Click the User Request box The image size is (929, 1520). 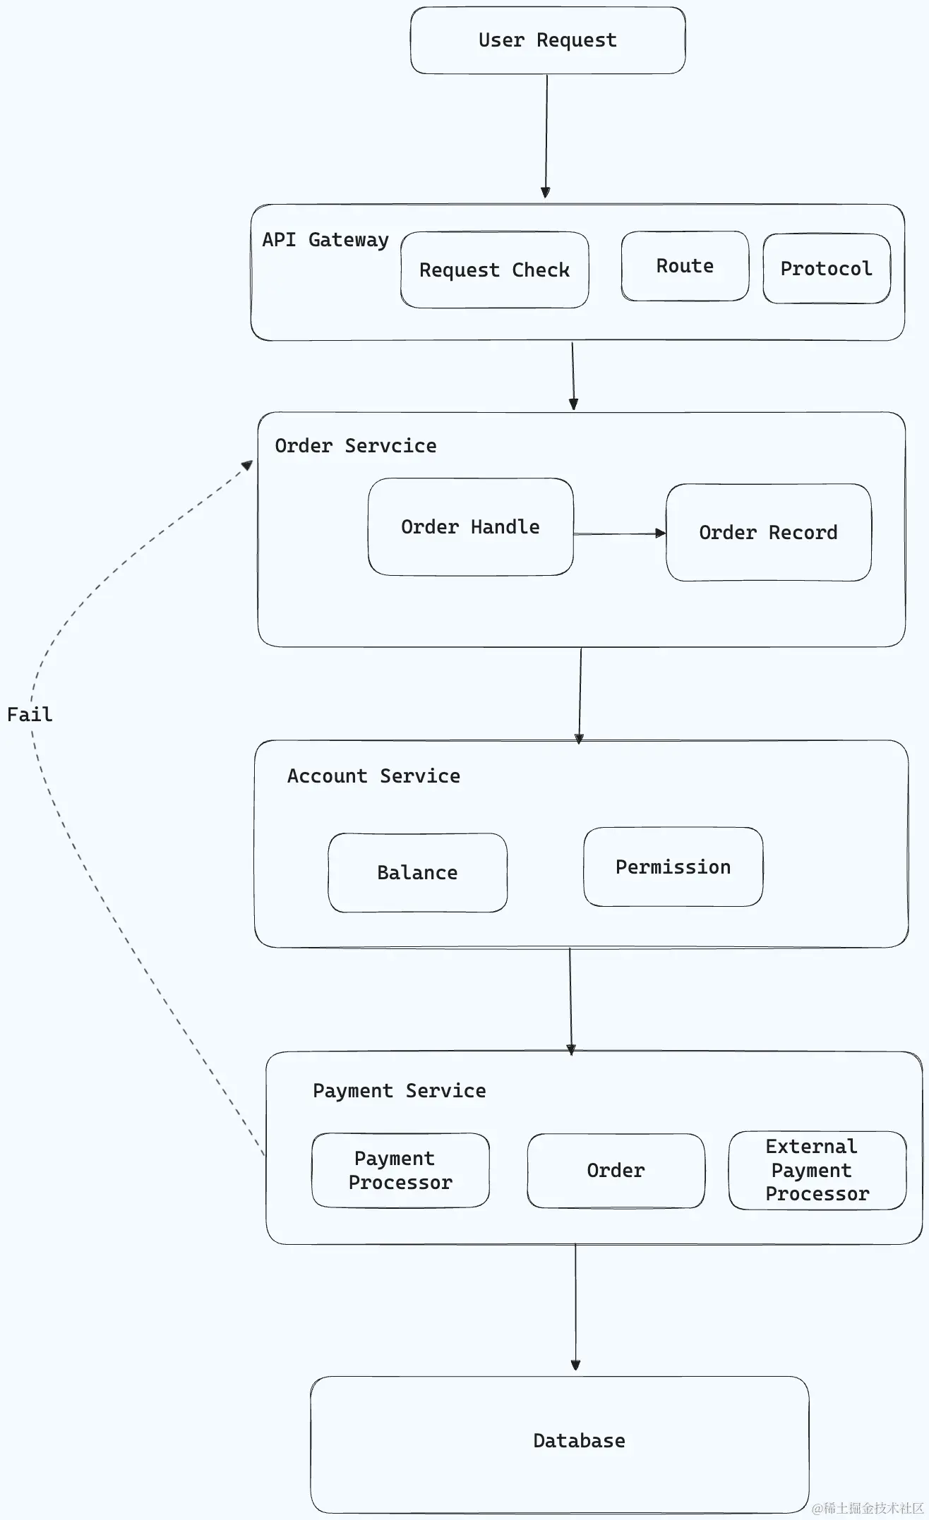547,40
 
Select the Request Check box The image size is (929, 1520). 494,270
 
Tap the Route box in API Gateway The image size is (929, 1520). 684,266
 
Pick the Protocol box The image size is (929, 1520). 826,269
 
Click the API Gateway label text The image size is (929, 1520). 325,240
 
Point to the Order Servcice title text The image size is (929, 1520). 355,446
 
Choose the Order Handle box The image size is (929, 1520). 470,527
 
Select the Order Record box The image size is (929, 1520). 768,533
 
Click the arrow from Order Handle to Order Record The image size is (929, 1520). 619,534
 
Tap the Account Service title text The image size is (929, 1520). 373,776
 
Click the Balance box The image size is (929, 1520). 417,873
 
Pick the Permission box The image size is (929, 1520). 673,867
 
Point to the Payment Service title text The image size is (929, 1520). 399,1091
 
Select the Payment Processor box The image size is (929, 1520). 400,1171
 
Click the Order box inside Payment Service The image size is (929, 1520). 616,1171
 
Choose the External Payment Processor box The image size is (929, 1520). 817,1171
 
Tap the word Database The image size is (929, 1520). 579,1441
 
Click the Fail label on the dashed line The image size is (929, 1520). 30,715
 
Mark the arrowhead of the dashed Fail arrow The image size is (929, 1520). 247,465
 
